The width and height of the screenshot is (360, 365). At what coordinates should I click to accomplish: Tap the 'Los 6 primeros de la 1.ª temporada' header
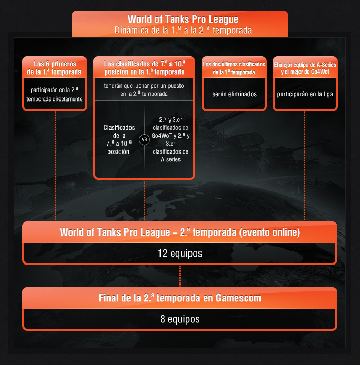click(54, 67)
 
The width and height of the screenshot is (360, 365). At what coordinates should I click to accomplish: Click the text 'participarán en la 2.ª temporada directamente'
click(54, 94)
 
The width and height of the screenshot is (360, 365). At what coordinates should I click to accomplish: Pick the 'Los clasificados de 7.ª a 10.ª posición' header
click(144, 67)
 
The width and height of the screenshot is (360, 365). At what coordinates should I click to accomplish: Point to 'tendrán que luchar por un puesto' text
click(144, 89)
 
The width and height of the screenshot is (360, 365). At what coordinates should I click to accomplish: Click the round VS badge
click(144, 140)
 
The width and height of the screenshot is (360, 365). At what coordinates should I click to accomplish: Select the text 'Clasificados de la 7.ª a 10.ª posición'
click(119, 139)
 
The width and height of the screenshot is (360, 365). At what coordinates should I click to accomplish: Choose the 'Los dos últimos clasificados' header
click(234, 67)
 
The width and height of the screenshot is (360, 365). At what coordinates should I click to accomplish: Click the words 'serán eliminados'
click(234, 94)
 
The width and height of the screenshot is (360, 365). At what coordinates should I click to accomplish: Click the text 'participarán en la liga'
click(305, 94)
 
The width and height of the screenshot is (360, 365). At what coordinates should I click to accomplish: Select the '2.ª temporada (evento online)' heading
click(179, 232)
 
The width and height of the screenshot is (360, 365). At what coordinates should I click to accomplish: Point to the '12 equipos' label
click(179, 254)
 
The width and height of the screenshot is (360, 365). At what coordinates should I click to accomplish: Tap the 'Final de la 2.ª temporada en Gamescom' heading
click(179, 298)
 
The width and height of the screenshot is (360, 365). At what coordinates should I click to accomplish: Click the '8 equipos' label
click(179, 319)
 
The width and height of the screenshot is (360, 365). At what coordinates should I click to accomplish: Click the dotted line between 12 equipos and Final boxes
click(180, 276)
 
